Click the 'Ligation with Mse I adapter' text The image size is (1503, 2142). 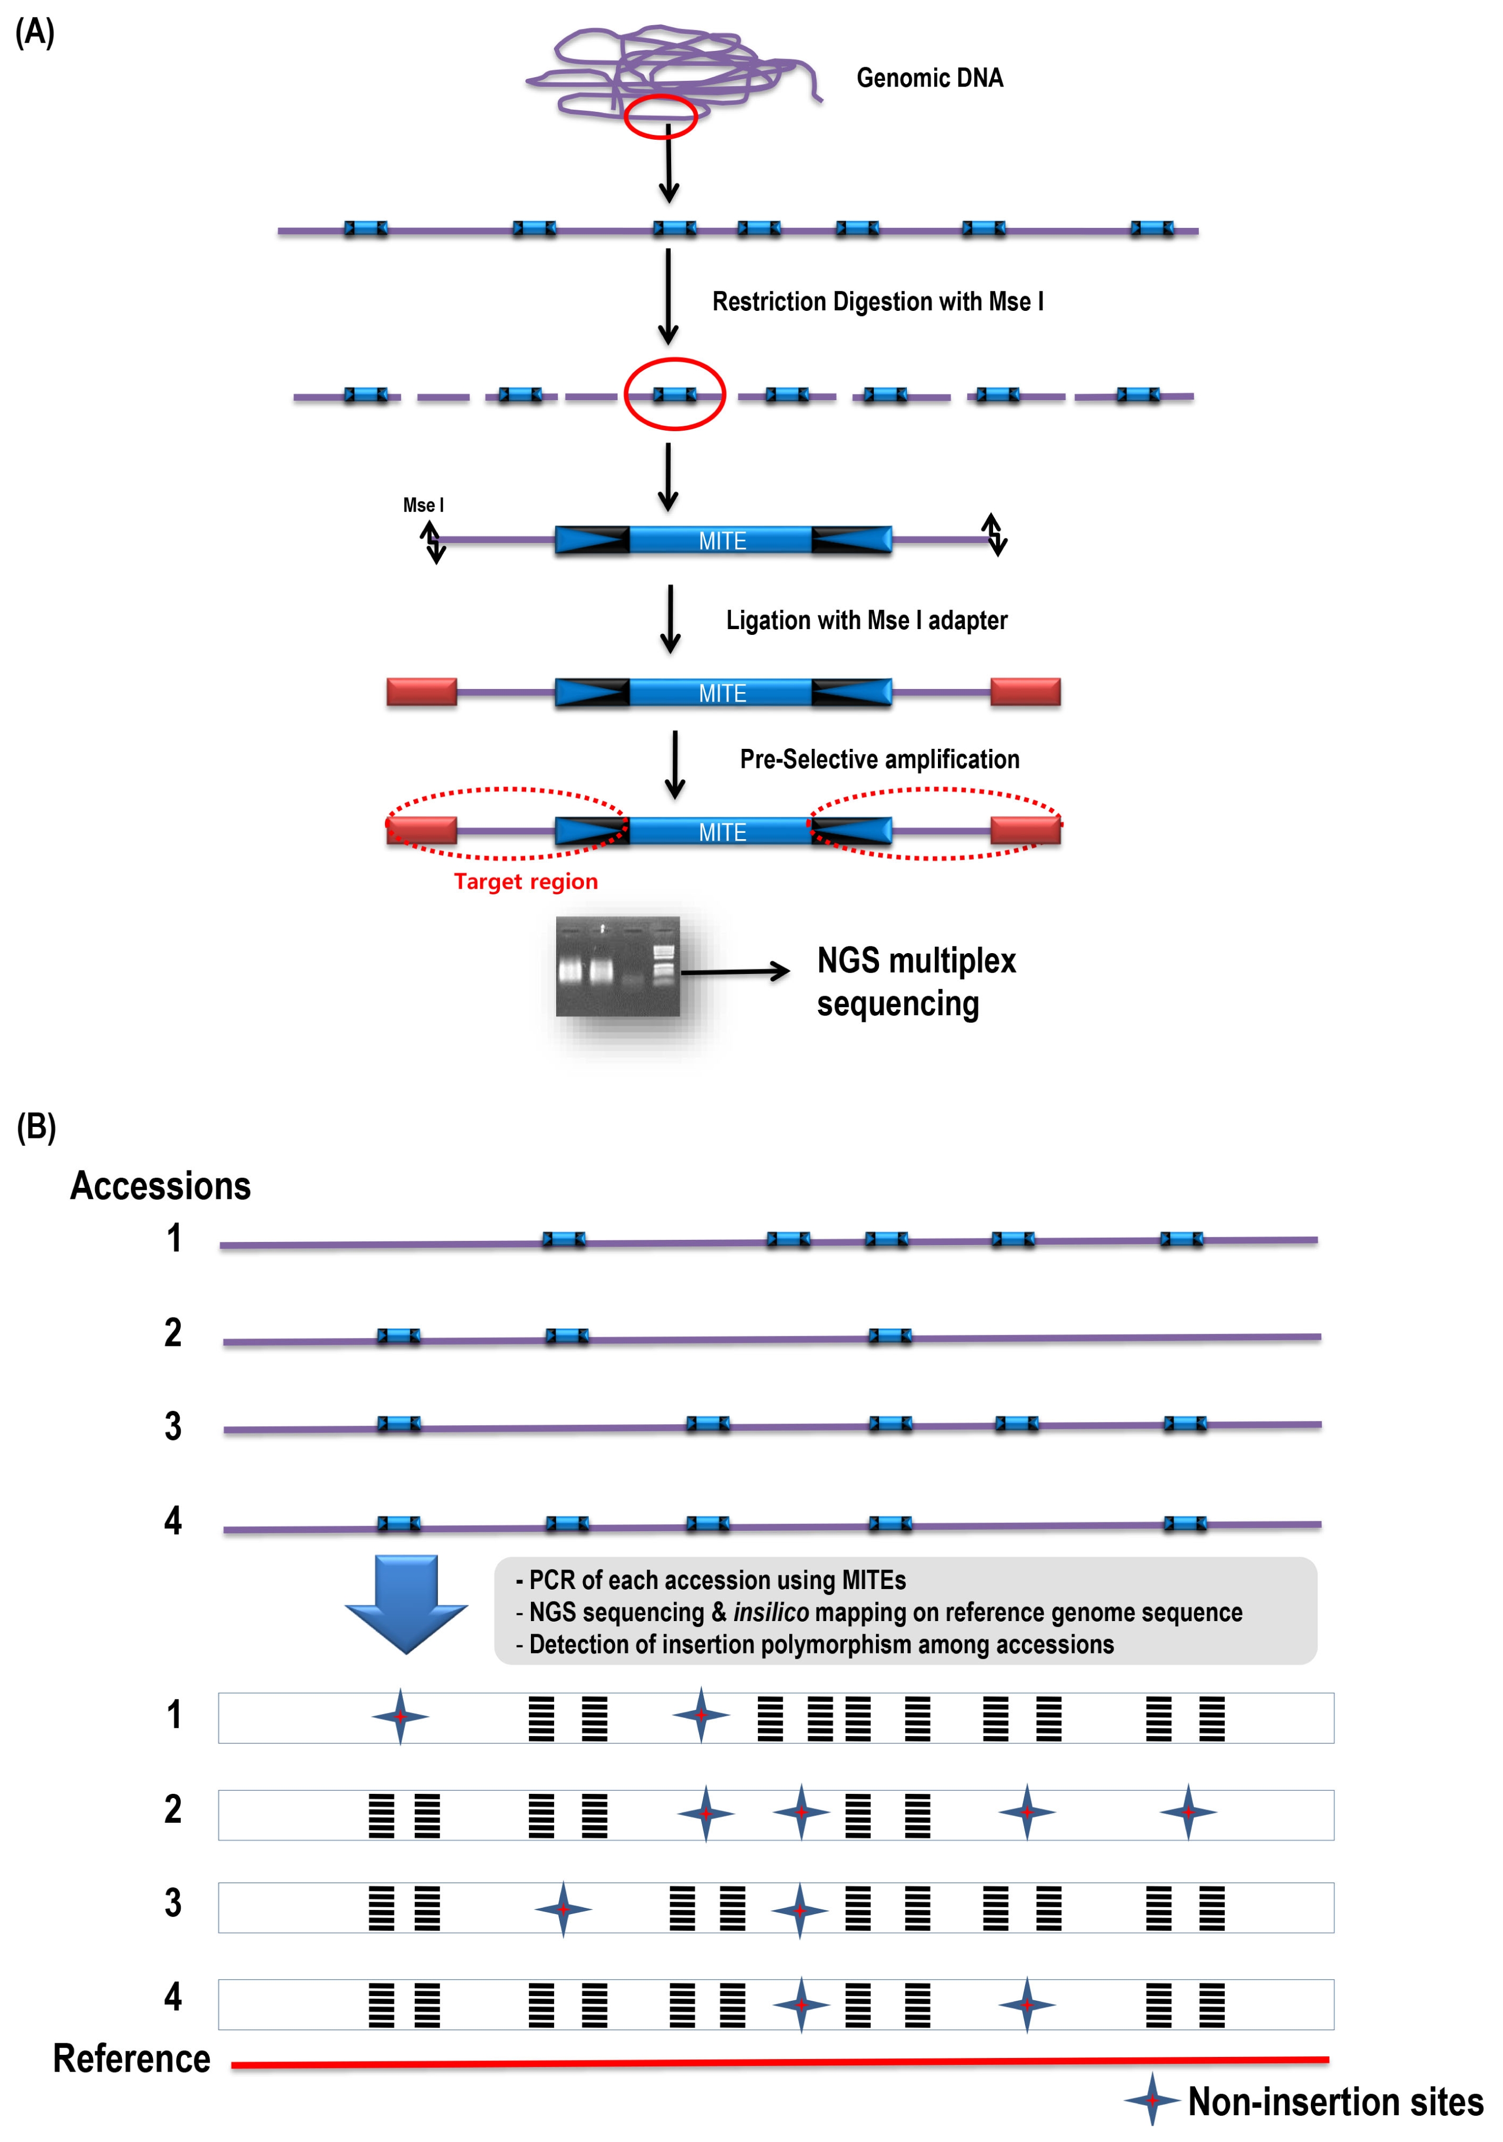click(867, 620)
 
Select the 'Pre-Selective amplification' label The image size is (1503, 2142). click(880, 759)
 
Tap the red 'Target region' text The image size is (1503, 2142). click(525, 882)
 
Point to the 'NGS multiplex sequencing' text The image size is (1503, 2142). click(916, 981)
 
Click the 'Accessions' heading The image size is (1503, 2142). click(161, 1186)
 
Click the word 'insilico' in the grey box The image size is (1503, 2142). click(770, 1612)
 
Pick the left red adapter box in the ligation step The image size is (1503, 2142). click(422, 692)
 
